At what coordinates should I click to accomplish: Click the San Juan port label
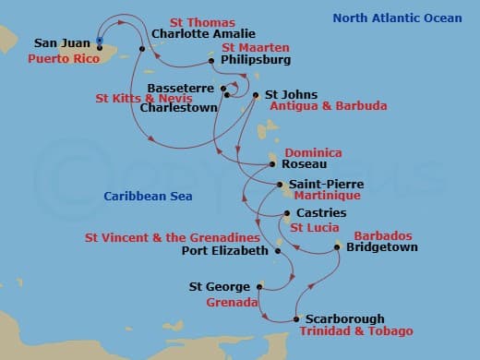62,42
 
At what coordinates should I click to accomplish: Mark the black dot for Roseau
270,164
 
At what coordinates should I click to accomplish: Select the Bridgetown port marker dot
337,247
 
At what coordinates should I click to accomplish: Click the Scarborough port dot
295,318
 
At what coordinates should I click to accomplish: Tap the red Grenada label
231,301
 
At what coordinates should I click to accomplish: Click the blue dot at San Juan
100,41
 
